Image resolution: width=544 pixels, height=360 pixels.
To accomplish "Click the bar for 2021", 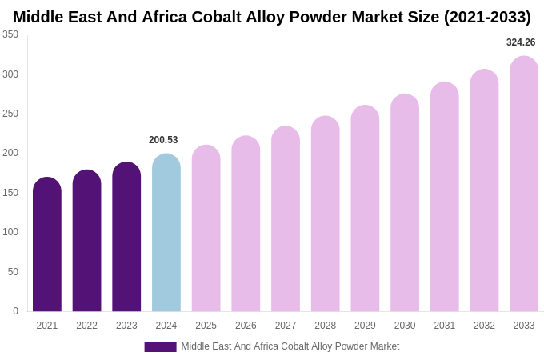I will tap(47, 245).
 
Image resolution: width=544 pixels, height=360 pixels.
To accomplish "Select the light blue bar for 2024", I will tap(166, 233).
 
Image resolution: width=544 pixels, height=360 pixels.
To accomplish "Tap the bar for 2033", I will tap(524, 184).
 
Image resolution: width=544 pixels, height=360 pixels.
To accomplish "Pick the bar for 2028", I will tap(326, 214).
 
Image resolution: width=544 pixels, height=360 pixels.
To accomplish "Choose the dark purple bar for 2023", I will tap(126, 237).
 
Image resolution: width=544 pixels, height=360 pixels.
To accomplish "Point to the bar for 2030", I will tap(405, 203).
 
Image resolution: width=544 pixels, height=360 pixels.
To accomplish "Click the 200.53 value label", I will tap(163, 140).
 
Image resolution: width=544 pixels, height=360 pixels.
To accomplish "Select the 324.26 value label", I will tap(521, 42).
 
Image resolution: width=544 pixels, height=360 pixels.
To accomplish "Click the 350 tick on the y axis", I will tap(10, 34).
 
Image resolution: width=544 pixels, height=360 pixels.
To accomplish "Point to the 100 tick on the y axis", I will tap(10, 232).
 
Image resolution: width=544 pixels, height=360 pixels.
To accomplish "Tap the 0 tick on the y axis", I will tap(15, 311).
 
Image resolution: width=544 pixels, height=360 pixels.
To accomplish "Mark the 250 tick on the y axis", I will tap(10, 114).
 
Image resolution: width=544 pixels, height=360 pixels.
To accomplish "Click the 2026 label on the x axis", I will tap(246, 326).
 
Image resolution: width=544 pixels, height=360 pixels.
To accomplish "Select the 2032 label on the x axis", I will tap(484, 326).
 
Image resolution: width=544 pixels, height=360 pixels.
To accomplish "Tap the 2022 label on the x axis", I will tap(86, 326).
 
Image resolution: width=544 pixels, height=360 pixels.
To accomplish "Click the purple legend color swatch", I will tap(160, 347).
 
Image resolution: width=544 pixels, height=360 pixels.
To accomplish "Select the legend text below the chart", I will tap(290, 346).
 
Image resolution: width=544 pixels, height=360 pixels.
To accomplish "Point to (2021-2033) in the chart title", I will tap(487, 17).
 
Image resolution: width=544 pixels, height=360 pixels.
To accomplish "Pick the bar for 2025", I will tap(206, 229).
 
